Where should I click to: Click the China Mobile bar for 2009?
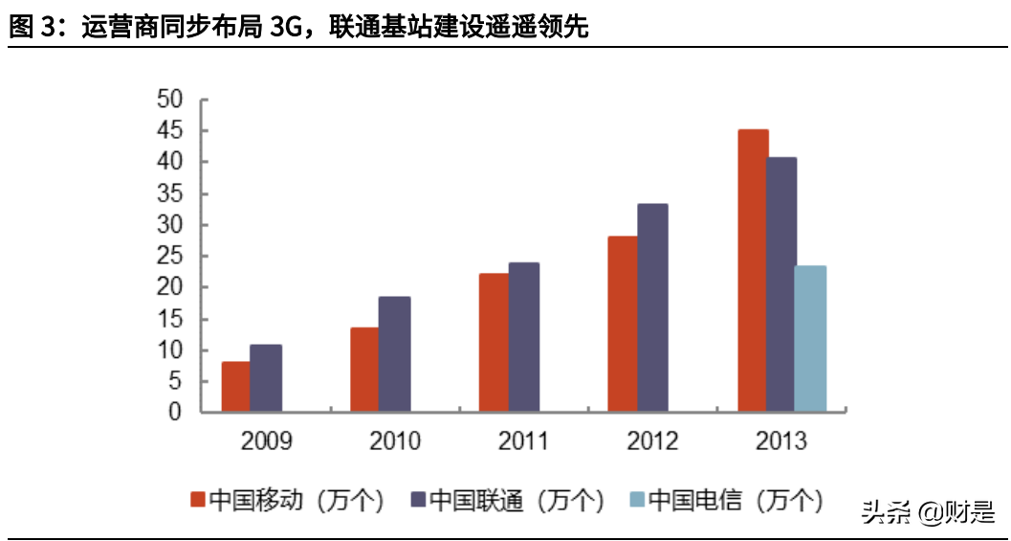click(235, 387)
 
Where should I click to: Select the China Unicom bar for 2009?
click(266, 378)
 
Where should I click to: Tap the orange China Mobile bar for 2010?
click(364, 370)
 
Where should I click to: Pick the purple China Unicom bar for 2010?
click(395, 354)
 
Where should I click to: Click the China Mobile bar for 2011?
click(494, 343)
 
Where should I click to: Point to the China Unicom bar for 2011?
click(524, 337)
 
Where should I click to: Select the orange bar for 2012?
click(623, 324)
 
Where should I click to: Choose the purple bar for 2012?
click(653, 307)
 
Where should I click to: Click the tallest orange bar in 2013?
click(753, 271)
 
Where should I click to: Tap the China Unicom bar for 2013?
click(781, 284)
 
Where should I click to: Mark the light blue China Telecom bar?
click(810, 339)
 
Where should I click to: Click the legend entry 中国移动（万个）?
click(287, 499)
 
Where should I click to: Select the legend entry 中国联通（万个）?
click(507, 499)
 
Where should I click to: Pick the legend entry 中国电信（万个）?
click(726, 499)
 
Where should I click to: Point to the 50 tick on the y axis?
click(169, 100)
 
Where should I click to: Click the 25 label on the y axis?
click(169, 256)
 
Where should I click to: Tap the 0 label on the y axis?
click(175, 412)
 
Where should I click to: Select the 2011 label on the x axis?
click(523, 441)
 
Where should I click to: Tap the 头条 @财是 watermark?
click(927, 512)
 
